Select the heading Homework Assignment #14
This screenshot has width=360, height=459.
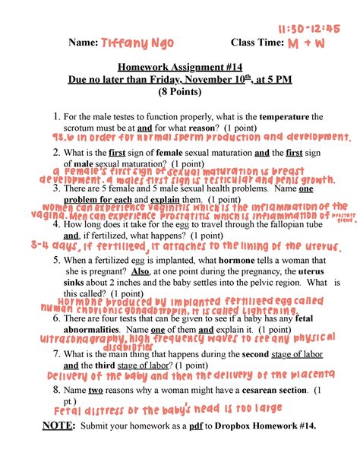tap(175, 66)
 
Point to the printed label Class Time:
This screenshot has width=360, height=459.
tap(256, 43)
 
